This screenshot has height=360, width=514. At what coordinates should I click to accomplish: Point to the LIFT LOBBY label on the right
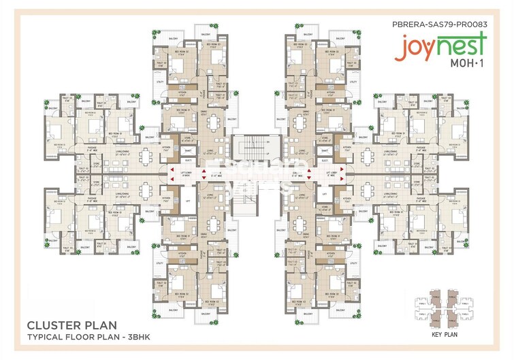[x=332, y=173]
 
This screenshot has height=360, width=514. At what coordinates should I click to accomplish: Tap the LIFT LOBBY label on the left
[x=185, y=173]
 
